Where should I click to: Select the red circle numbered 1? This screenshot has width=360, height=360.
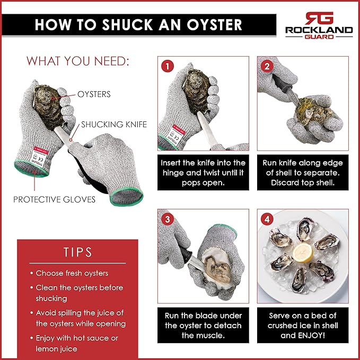[168, 66]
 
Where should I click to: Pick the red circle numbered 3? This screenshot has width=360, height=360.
[168, 218]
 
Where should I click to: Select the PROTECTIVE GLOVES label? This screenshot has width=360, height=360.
[55, 199]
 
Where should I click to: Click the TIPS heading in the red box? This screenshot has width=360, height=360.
[78, 251]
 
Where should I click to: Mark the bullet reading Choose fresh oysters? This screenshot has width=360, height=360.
[72, 273]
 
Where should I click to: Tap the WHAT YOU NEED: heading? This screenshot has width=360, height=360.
[78, 61]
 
